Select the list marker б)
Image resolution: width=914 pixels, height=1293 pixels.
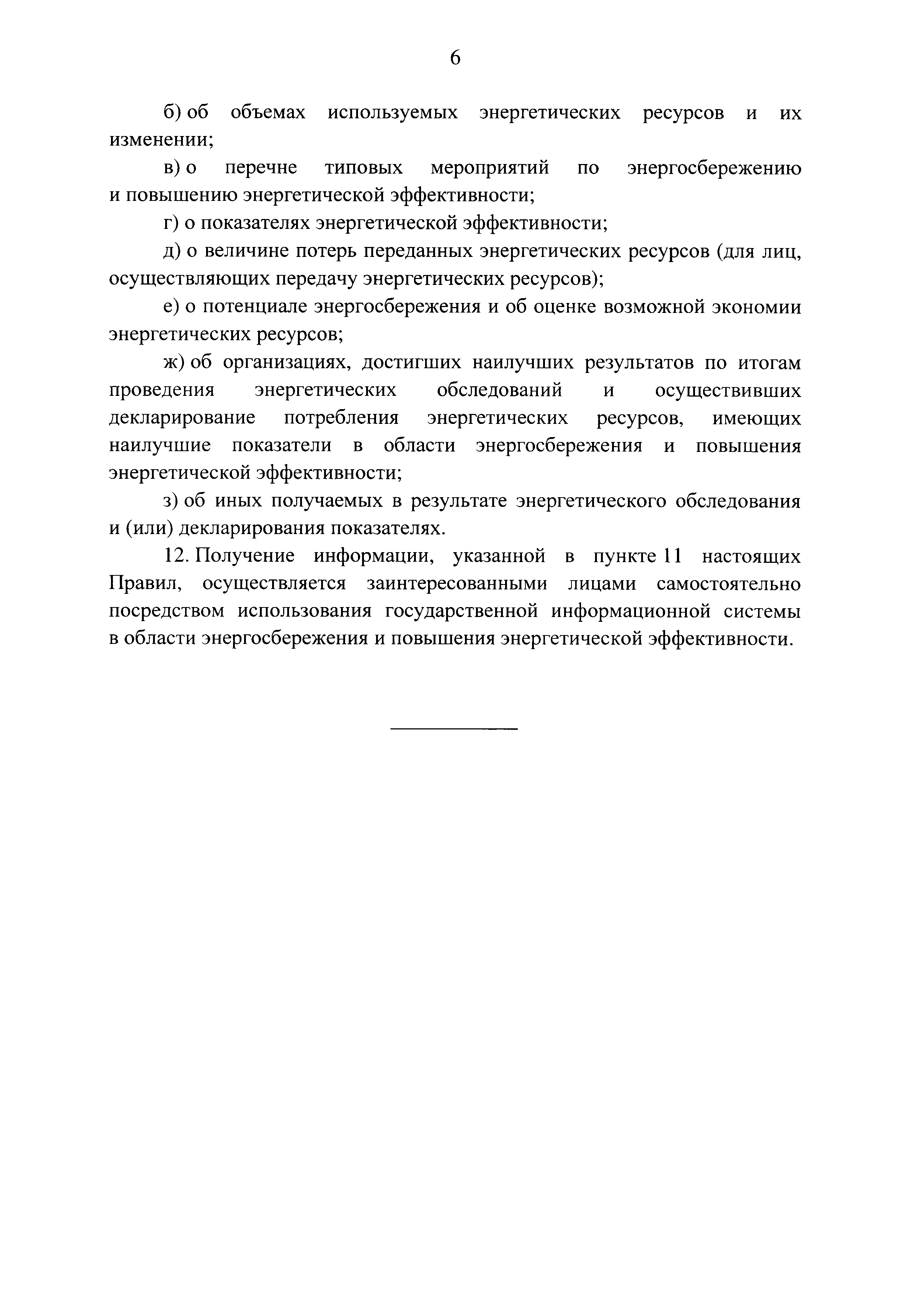pyautogui.click(x=171, y=113)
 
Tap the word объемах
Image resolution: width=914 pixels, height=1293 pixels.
pyautogui.click(x=268, y=113)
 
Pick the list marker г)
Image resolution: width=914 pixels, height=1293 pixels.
pyautogui.click(x=171, y=224)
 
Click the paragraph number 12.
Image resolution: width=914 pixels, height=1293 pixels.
pyautogui.click(x=174, y=556)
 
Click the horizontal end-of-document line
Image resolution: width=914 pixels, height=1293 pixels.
pyautogui.click(x=453, y=729)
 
